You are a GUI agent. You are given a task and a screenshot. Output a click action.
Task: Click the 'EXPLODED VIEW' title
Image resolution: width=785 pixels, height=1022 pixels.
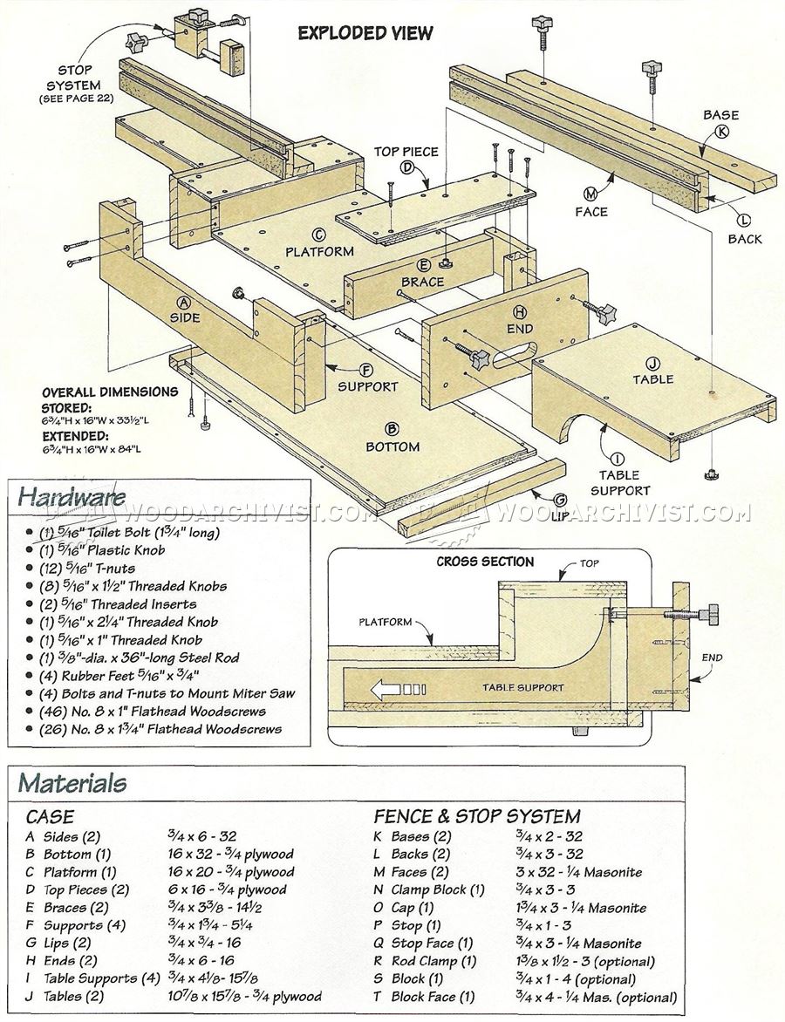(365, 32)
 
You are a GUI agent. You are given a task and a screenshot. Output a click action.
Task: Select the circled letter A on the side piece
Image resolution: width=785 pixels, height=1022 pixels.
(184, 302)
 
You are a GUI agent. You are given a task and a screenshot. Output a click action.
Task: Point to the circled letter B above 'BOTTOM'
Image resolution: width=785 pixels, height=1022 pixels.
(392, 429)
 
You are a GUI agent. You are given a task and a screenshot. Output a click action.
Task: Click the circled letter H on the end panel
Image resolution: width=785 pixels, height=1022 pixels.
(520, 311)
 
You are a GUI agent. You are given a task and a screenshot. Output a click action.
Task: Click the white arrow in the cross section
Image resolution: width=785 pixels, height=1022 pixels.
(384, 688)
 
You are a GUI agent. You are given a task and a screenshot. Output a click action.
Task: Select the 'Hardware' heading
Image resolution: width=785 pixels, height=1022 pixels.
(72, 496)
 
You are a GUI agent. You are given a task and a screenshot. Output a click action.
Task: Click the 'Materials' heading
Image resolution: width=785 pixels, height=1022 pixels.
(72, 782)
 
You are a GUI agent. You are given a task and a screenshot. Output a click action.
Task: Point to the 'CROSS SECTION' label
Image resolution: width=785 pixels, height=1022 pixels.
(485, 562)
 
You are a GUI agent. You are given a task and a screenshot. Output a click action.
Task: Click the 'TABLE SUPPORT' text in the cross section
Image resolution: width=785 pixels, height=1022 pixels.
(523, 687)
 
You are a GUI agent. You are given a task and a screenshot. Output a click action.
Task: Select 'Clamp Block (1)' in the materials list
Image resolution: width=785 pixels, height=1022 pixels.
(438, 889)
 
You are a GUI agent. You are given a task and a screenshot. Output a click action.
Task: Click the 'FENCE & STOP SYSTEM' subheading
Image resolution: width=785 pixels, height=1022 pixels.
(476, 816)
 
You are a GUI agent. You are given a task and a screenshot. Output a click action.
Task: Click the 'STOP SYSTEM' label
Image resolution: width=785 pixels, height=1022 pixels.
(75, 78)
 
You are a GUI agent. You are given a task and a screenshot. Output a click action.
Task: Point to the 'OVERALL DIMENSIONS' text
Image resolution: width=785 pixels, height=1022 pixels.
(110, 392)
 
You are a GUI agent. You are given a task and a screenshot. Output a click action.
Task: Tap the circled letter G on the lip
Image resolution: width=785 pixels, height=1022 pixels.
(560, 500)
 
